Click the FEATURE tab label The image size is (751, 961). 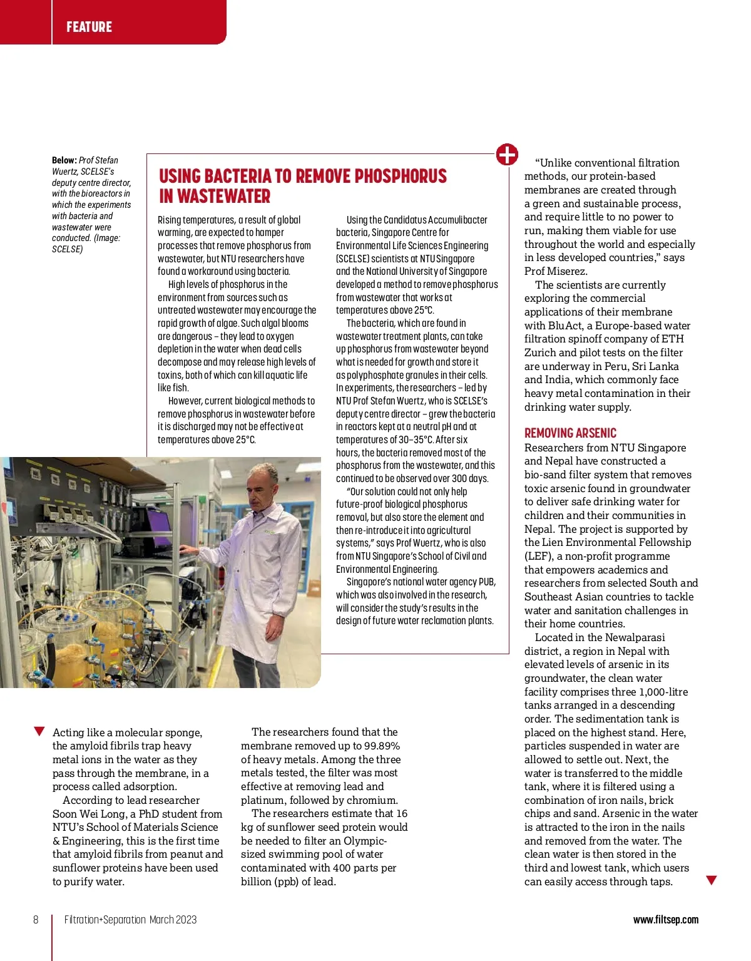(89, 27)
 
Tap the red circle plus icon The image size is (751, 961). (507, 154)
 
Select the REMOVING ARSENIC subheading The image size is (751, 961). (570, 433)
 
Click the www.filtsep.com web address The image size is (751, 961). (665, 920)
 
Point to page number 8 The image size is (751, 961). (36, 920)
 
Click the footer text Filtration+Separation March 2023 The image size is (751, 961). (130, 920)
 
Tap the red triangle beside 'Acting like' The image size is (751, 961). (39, 731)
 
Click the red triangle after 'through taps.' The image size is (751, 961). (711, 880)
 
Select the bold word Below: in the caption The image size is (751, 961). (64, 160)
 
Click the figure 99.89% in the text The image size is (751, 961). (381, 746)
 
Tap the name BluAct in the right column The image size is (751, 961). (565, 326)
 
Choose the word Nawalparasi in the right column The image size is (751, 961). (634, 637)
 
